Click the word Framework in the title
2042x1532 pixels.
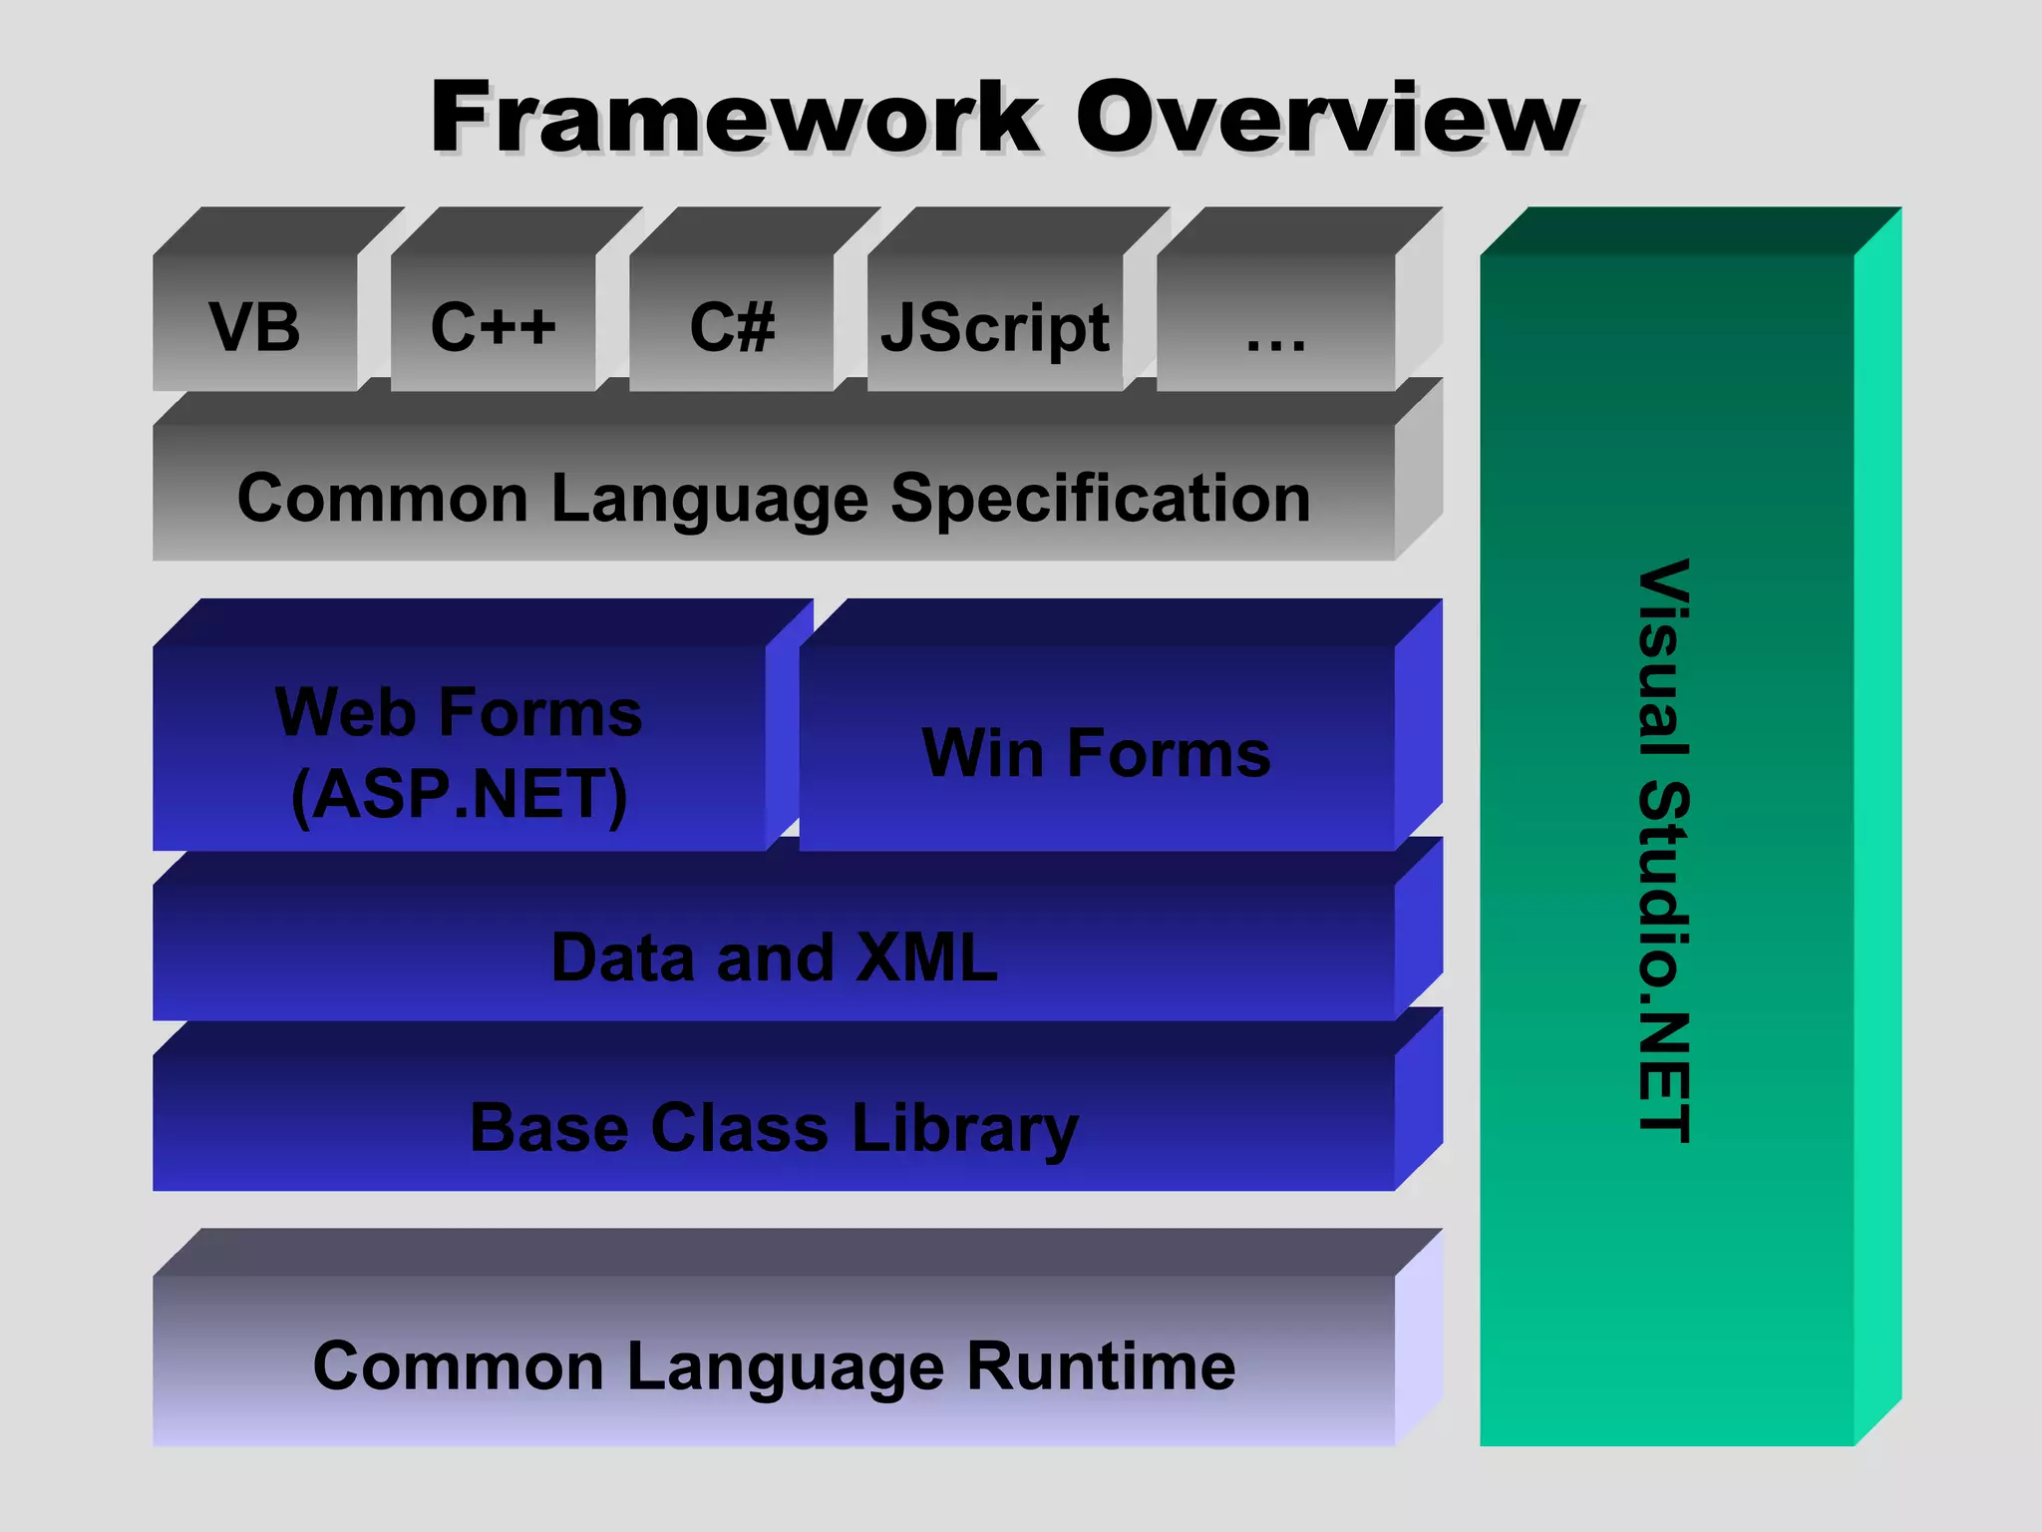pyautogui.click(x=734, y=118)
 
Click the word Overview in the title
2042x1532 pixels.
pyautogui.click(x=1327, y=118)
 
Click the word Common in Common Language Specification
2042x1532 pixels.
pyautogui.click(x=382, y=498)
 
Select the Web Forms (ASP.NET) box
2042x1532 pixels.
pyautogui.click(x=459, y=748)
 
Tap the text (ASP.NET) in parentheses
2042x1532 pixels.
pyautogui.click(x=459, y=795)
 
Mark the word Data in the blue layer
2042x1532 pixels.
pyautogui.click(x=622, y=957)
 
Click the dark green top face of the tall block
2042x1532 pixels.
pyautogui.click(x=1685, y=230)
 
